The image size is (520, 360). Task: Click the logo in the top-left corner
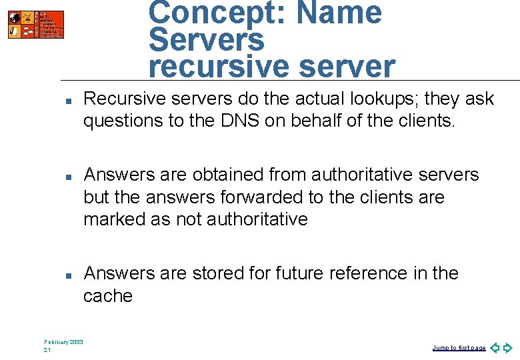pyautogui.click(x=36, y=25)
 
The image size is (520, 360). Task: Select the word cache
pyautogui.click(x=108, y=296)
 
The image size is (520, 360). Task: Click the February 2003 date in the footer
pyautogui.click(x=64, y=342)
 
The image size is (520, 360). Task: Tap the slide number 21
pyautogui.click(x=47, y=350)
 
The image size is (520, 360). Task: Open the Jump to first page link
pyautogui.click(x=459, y=348)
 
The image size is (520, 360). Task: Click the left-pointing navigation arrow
pyautogui.click(x=495, y=348)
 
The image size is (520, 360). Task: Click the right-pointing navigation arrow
pyautogui.click(x=507, y=348)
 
